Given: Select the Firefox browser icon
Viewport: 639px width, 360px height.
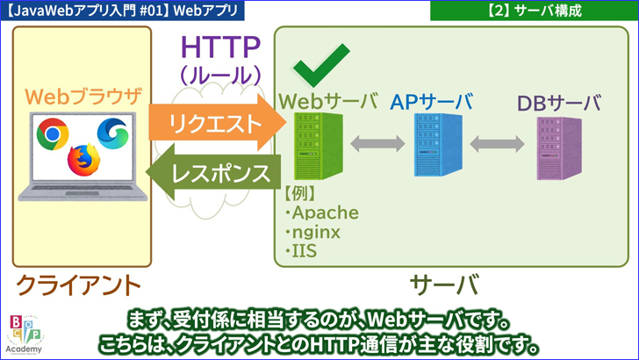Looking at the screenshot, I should coord(84,159).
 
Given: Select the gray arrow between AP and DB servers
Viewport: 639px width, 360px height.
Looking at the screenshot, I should coord(491,143).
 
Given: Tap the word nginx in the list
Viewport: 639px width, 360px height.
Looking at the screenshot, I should coord(314,233).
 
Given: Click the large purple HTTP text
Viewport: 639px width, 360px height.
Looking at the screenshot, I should coord(220,46).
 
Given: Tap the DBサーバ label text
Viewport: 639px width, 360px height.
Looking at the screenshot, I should coord(558,104).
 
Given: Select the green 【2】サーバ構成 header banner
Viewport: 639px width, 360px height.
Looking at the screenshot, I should coord(534,11).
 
